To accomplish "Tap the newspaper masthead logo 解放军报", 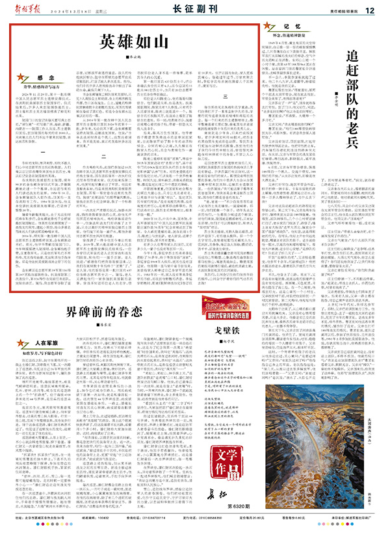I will [30, 9].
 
